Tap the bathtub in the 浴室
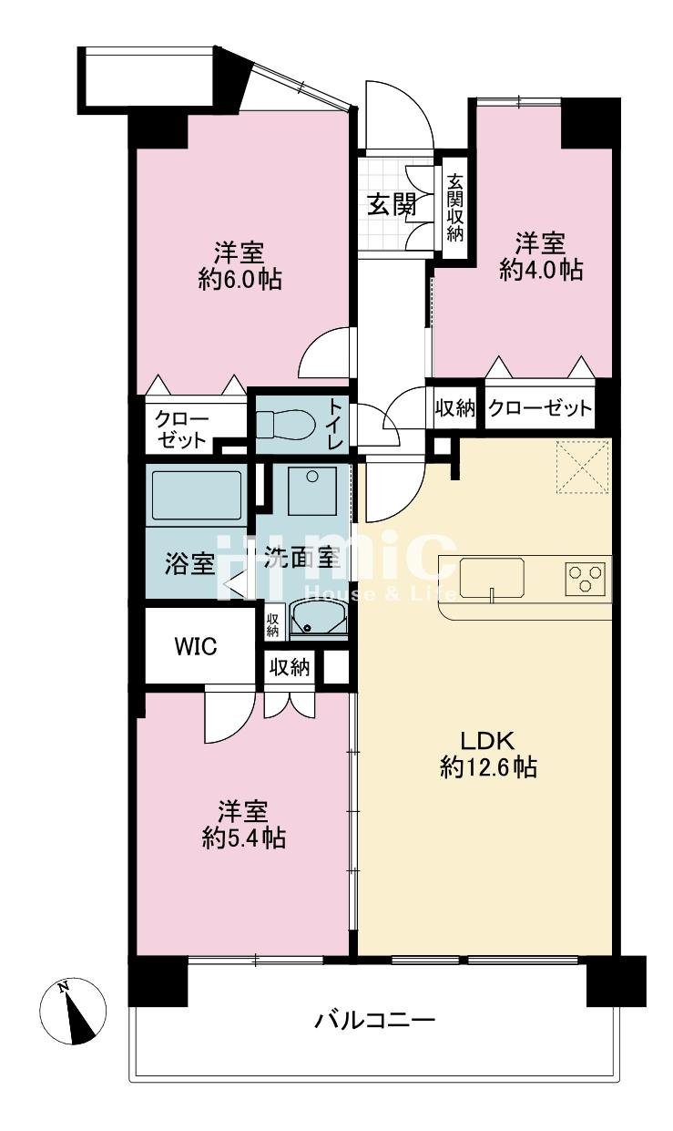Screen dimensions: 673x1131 (x=197, y=495)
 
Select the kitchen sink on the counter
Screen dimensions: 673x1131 (x=492, y=579)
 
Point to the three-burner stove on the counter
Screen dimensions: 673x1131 (x=586, y=577)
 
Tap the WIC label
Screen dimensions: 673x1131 (x=196, y=646)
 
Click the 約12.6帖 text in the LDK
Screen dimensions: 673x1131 (x=488, y=767)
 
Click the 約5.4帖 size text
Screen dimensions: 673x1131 (x=244, y=838)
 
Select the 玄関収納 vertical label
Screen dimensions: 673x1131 (x=455, y=208)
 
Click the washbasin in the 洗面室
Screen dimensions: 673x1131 (x=319, y=619)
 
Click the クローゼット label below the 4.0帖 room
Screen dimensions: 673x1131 (x=540, y=407)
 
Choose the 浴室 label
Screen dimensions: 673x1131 (x=189, y=563)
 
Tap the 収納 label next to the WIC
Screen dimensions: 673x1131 (x=289, y=667)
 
